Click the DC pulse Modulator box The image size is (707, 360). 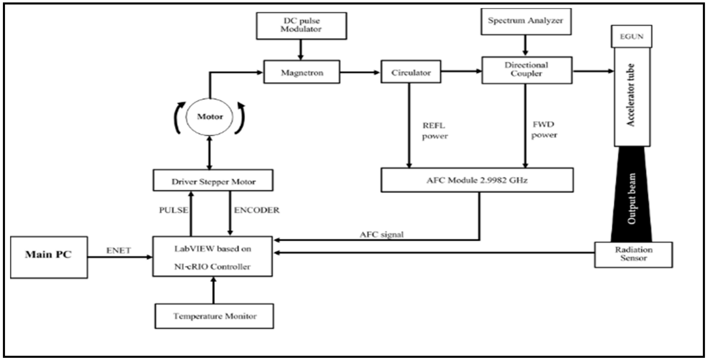coord(301,25)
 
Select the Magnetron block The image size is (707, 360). coord(302,72)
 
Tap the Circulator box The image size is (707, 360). coord(411,72)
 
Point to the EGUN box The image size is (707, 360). coord(631,36)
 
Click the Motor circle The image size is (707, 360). coord(210,117)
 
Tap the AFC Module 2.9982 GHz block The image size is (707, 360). coord(477,180)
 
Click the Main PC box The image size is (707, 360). coord(49,257)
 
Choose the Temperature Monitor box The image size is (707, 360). coord(214,316)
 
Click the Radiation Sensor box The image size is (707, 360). coord(633,254)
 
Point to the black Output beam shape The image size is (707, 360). coord(631,198)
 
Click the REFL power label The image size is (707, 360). coord(435,131)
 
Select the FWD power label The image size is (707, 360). coord(544,130)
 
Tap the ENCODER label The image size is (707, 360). coord(256,210)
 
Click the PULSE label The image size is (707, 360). coord(173,210)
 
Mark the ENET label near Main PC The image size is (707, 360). coord(118,250)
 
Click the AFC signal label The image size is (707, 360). coord(382,235)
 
